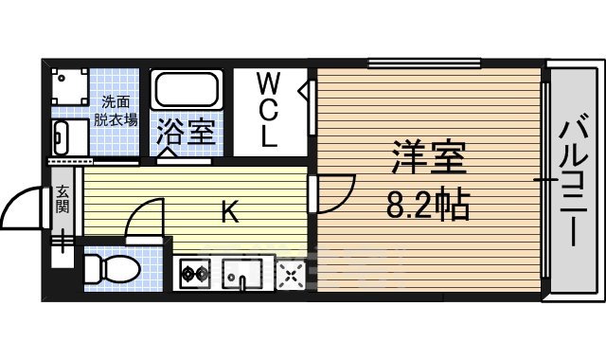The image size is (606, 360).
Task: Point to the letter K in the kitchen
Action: [x=230, y=211]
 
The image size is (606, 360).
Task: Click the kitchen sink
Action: [x=239, y=276]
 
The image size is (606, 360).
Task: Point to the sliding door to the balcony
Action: [x=545, y=180]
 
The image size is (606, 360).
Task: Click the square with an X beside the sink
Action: [x=289, y=276]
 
